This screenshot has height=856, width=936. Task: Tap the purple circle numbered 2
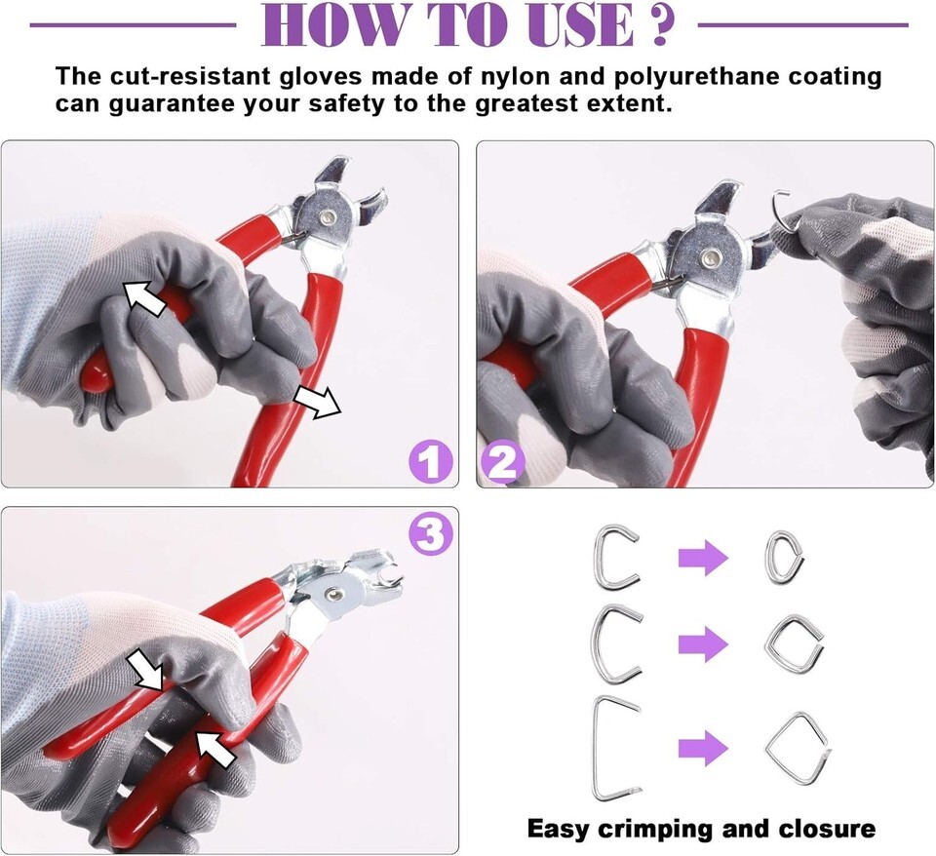point(503,462)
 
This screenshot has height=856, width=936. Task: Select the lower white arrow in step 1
point(317,401)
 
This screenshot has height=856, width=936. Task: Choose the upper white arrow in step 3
point(145,670)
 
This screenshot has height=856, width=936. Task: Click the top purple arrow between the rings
point(703,558)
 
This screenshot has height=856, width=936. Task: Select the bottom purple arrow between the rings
point(703,748)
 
